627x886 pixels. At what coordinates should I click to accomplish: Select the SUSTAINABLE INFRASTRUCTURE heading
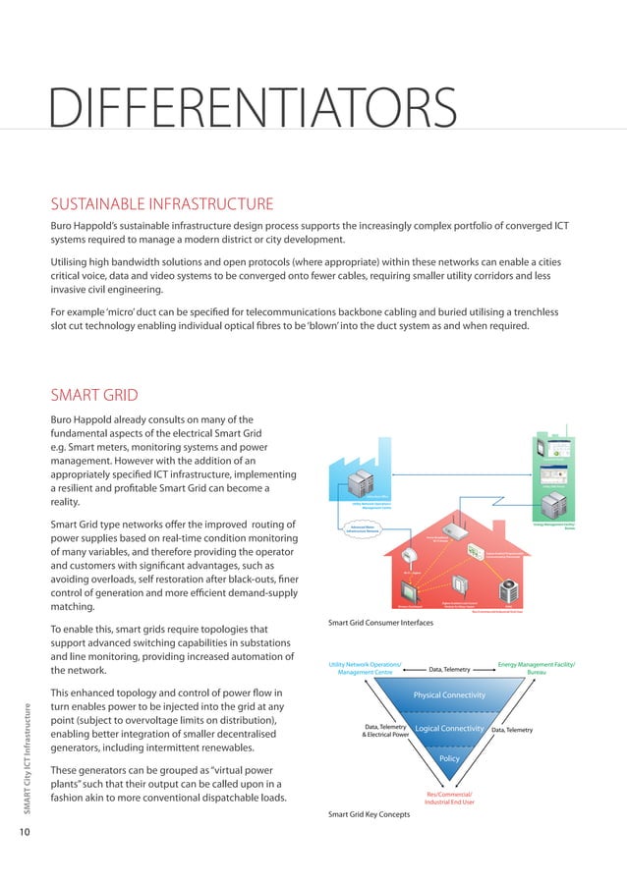click(x=162, y=204)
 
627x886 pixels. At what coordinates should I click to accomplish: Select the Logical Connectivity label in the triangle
click(x=450, y=729)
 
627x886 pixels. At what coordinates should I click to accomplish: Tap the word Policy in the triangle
click(x=449, y=759)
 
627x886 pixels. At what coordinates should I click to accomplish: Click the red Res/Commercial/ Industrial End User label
click(x=449, y=798)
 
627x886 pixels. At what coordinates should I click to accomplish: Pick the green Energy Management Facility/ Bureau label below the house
click(x=537, y=670)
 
